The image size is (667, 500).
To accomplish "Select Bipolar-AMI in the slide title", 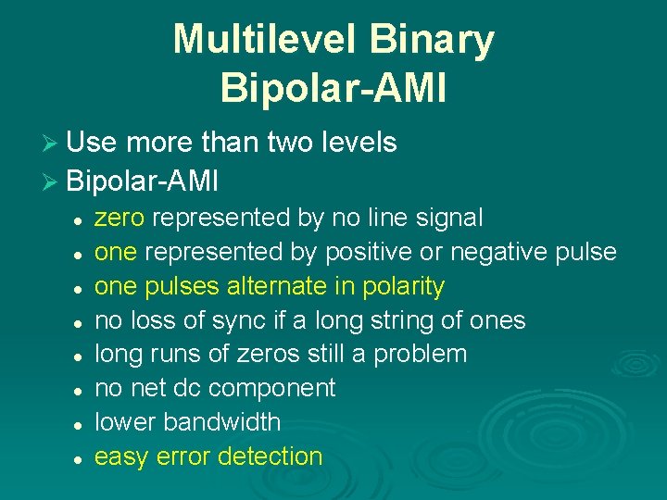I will (333, 88).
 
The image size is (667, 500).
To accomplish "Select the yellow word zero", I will (120, 219).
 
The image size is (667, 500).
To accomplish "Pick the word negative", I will (513, 252).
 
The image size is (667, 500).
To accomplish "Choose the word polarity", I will (403, 286).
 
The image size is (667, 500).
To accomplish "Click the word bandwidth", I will (221, 422).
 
